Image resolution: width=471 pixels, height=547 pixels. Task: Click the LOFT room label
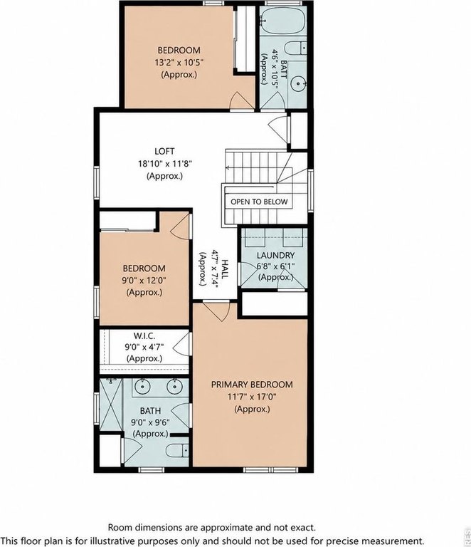[x=164, y=152]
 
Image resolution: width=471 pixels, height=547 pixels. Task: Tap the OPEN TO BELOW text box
[x=259, y=202]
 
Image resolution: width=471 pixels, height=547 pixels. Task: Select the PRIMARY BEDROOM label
[x=252, y=385]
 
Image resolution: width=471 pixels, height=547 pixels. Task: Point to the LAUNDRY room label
[x=275, y=256]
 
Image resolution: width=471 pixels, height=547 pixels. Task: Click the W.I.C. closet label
[x=144, y=336]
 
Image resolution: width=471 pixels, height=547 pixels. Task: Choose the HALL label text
[x=225, y=269]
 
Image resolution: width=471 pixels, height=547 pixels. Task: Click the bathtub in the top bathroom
[x=283, y=21]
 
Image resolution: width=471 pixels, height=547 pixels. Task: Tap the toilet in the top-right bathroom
[x=295, y=48]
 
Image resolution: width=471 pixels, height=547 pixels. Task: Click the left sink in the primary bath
[x=142, y=386]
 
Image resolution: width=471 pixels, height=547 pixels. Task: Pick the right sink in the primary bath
[x=174, y=386]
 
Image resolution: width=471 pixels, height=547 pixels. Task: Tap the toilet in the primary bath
[x=177, y=450]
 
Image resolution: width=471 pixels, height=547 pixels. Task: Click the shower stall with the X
[x=111, y=405]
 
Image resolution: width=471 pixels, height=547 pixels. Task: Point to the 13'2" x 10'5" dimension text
[x=179, y=63]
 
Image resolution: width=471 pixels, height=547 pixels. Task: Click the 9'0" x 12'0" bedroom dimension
[x=144, y=280]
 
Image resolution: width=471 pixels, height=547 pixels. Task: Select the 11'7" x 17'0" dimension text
[x=252, y=397]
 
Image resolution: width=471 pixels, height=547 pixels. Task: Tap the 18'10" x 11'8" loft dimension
[x=165, y=164]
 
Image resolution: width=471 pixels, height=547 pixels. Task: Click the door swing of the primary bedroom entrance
[x=217, y=311]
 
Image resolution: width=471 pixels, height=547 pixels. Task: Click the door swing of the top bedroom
[x=241, y=101]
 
